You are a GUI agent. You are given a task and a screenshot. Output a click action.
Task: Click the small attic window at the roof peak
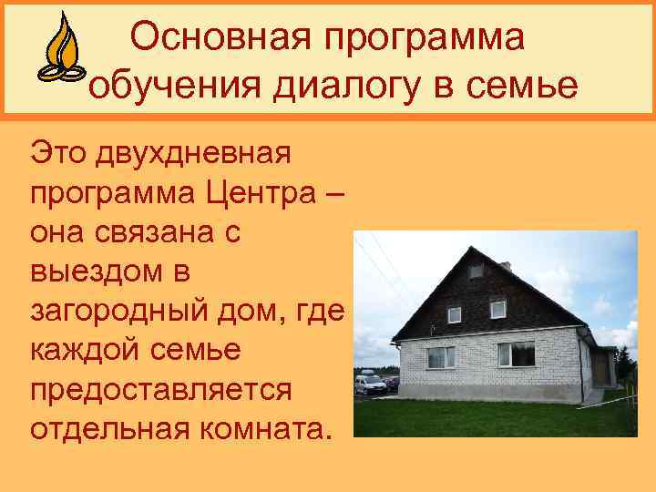(x=477, y=272)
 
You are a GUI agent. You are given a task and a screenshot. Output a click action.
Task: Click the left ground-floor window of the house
(x=442, y=357)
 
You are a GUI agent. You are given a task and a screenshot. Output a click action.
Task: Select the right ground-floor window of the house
(x=517, y=354)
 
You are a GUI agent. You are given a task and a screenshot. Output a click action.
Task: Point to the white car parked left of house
(x=369, y=383)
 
